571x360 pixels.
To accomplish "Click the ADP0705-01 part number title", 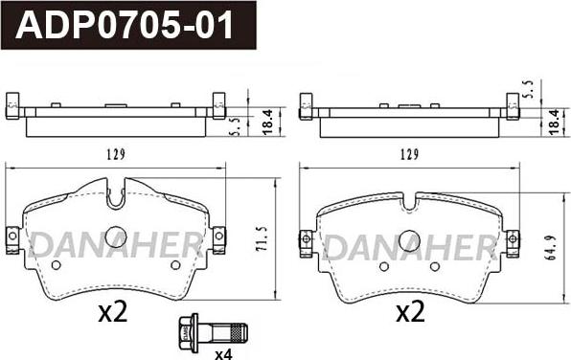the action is pos(125,25).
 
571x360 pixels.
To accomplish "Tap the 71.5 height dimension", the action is pos(262,238).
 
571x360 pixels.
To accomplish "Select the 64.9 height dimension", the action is pos(551,248).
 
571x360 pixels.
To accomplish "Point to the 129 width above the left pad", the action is pos(116,154).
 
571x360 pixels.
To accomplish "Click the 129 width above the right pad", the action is pos(410,155).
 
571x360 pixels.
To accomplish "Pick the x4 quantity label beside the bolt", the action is pos(223,354).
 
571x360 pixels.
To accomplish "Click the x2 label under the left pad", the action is pos(113,313).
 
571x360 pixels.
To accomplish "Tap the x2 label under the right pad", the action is pos(410,313).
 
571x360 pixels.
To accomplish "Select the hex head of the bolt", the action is pos(185,333).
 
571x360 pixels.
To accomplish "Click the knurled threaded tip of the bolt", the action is pos(240,333).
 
